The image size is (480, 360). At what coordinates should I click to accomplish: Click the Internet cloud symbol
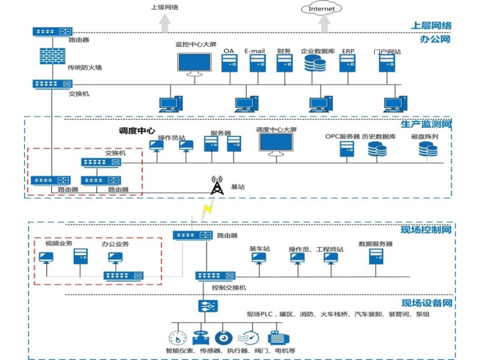[321, 8]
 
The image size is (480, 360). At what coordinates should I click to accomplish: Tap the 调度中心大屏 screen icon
[276, 145]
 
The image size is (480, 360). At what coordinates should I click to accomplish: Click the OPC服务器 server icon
[347, 149]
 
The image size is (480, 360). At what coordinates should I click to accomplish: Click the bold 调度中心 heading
[137, 130]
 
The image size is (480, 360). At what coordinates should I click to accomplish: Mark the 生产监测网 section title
[425, 124]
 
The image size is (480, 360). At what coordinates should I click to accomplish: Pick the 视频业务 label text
[59, 244]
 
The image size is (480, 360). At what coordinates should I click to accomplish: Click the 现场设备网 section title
[425, 303]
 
